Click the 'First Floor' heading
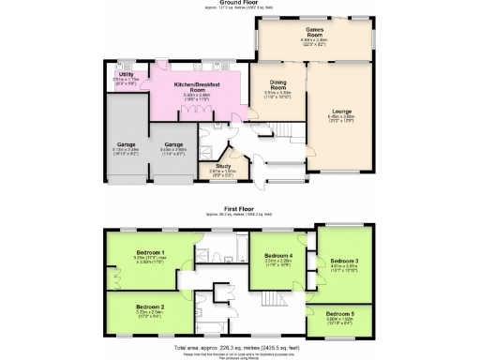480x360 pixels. point(239,208)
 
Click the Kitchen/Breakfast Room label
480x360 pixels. point(202,87)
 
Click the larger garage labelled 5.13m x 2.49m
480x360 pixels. point(125,143)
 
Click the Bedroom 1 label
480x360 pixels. point(151,252)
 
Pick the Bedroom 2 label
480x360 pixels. point(151,307)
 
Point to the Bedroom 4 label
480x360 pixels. point(279,255)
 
